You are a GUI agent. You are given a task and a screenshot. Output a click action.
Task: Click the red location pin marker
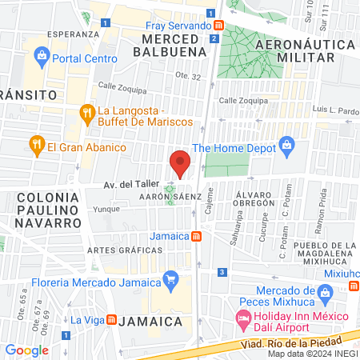point(181,164)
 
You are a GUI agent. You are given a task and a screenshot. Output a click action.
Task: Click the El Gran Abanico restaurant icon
point(36,146)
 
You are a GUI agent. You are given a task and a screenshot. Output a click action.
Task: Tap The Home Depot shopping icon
point(288,146)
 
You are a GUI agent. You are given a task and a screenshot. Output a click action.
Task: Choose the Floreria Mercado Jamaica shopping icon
point(170,279)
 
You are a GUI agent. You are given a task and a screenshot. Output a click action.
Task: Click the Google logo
point(27,350)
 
